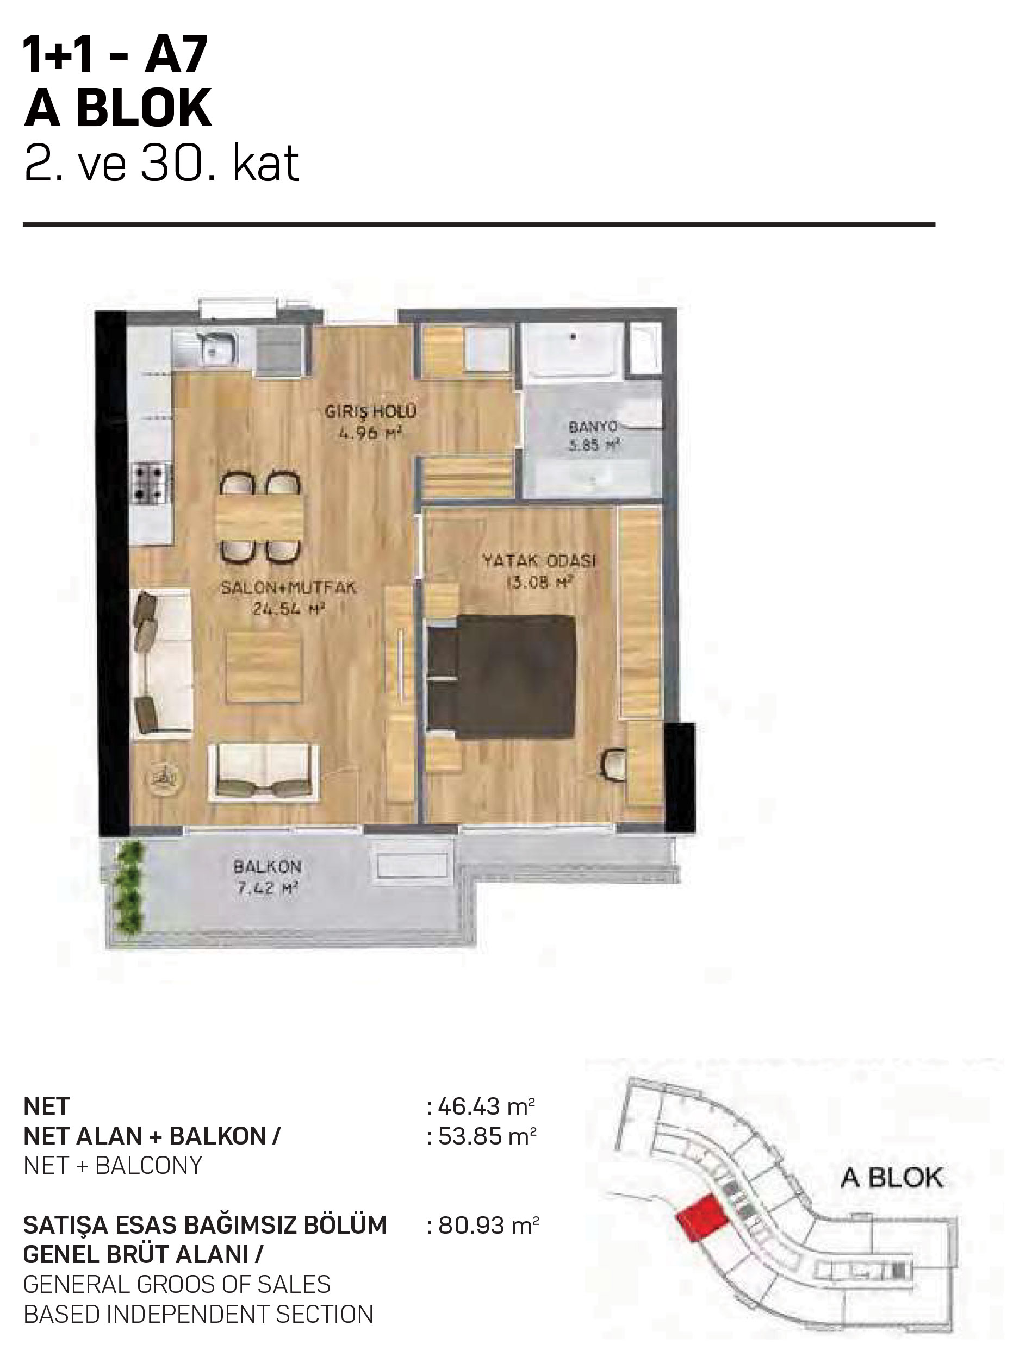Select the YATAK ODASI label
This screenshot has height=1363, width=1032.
pyautogui.click(x=539, y=561)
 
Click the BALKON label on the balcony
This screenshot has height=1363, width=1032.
pyautogui.click(x=267, y=867)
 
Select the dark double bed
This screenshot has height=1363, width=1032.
pyautogui.click(x=502, y=676)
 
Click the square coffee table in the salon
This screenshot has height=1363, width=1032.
pyautogui.click(x=264, y=668)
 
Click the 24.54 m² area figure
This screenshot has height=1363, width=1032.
pyautogui.click(x=289, y=609)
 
